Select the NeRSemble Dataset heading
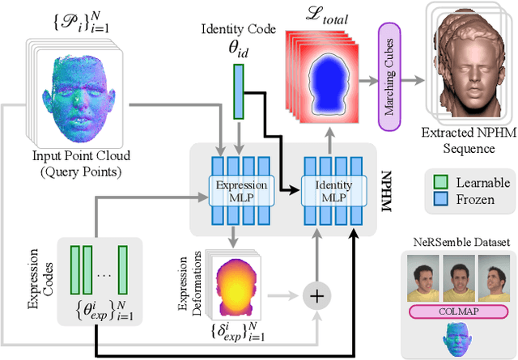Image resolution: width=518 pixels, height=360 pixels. tap(458, 241)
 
